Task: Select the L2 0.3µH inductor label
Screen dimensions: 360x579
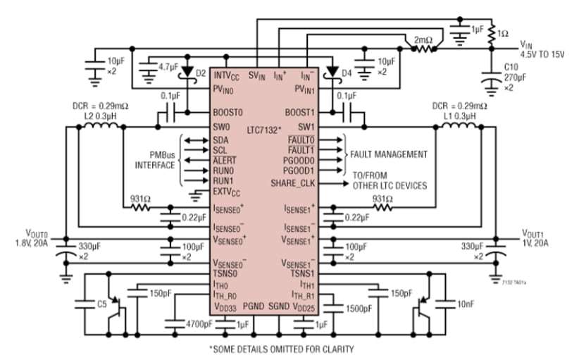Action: coord(98,115)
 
